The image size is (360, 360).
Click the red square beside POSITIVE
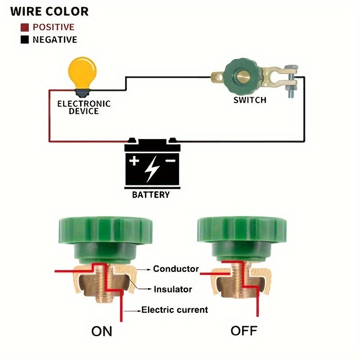[25, 27]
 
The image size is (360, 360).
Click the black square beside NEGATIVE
[25, 40]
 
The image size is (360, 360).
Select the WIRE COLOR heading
[49, 12]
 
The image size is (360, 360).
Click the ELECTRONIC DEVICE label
[84, 107]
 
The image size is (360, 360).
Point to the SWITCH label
[250, 100]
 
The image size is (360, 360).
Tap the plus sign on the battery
[135, 161]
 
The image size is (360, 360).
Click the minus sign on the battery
[170, 160]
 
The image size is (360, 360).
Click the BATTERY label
[151, 195]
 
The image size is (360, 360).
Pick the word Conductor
[176, 269]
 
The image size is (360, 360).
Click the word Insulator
[173, 289]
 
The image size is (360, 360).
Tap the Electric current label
[175, 310]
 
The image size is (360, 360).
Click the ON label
[102, 332]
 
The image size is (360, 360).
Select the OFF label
[244, 331]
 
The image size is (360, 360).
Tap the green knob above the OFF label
[235, 232]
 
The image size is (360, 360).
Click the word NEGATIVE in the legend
[55, 40]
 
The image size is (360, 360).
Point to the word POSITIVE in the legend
[54, 27]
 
